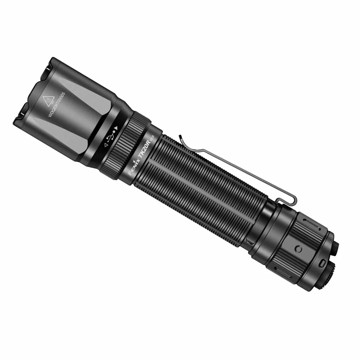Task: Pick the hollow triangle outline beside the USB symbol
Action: tap(106, 145)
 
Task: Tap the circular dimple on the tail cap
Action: tap(298, 249)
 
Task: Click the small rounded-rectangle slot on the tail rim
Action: tap(322, 263)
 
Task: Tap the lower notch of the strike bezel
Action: tap(22, 113)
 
